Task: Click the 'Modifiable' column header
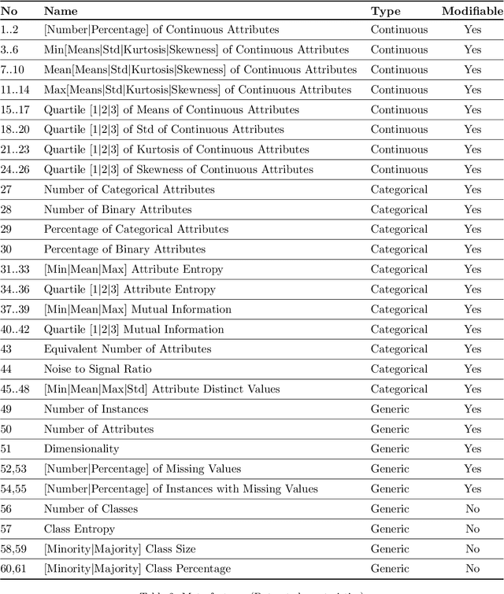(472, 11)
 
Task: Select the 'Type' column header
(386, 11)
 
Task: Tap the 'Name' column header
(60, 11)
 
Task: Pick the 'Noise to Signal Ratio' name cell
(98, 369)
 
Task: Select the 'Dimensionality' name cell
(81, 448)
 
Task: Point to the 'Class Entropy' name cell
(79, 529)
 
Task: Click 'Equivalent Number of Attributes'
(128, 349)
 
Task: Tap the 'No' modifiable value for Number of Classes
(472, 509)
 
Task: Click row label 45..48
(16, 389)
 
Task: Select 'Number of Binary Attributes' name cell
(117, 209)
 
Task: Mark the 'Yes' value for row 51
(472, 448)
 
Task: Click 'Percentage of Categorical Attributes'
(136, 229)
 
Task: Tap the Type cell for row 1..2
(399, 30)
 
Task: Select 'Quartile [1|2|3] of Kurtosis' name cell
(176, 149)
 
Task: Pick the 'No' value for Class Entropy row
(472, 529)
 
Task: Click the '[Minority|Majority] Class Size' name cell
(120, 548)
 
